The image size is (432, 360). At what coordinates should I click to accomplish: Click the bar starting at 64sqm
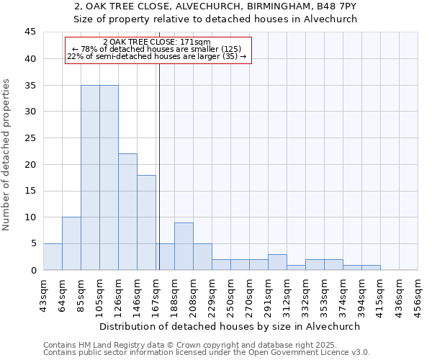[71, 243]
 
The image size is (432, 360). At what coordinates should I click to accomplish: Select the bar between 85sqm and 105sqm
[90, 177]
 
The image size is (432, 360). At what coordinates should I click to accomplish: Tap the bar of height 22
[127, 212]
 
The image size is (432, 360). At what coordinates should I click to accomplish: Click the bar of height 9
[184, 246]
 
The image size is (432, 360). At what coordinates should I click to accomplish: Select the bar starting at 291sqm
[277, 262]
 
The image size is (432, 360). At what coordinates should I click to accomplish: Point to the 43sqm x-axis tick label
[43, 291]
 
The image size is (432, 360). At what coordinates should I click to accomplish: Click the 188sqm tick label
[174, 291]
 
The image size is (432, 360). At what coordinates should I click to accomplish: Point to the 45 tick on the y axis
[30, 32]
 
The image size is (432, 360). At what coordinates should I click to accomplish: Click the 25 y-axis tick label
[30, 138]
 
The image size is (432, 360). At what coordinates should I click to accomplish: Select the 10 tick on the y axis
[30, 217]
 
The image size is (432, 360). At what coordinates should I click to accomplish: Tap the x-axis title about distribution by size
[230, 326]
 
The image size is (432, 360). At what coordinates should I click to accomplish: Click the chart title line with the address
[215, 6]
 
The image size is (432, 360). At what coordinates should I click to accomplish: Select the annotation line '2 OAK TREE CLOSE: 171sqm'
[157, 42]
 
